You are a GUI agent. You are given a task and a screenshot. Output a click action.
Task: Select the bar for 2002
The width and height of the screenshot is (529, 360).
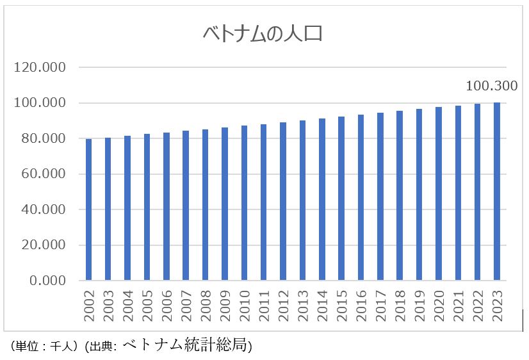pos(88,210)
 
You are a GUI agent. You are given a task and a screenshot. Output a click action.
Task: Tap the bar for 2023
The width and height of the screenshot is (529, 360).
pos(497,192)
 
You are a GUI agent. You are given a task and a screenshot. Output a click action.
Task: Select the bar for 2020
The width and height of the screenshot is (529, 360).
pos(439,194)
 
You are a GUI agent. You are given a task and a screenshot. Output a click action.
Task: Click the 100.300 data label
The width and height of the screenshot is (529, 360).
pos(491,85)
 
